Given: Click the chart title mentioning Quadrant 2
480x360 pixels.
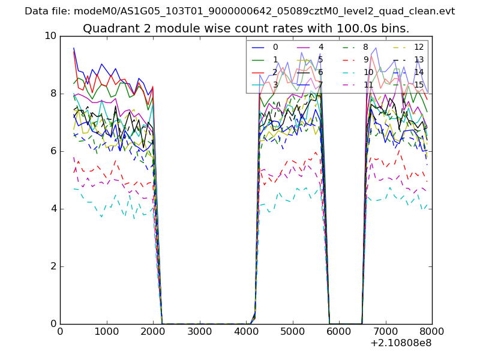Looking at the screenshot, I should click(x=246, y=28).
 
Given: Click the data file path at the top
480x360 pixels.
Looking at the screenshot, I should click(x=240, y=11).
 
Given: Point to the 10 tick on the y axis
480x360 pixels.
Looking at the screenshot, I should click(x=50, y=36).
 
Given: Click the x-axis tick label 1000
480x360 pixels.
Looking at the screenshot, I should click(x=106, y=331).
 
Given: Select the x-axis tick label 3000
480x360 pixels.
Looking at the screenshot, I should click(x=199, y=331).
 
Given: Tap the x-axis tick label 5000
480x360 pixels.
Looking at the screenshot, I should click(x=292, y=331).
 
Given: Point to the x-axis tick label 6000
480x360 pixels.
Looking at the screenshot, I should click(x=339, y=331).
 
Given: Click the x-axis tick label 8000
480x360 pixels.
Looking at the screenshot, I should click(x=432, y=331).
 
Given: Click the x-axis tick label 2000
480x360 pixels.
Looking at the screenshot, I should click(x=153, y=331).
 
